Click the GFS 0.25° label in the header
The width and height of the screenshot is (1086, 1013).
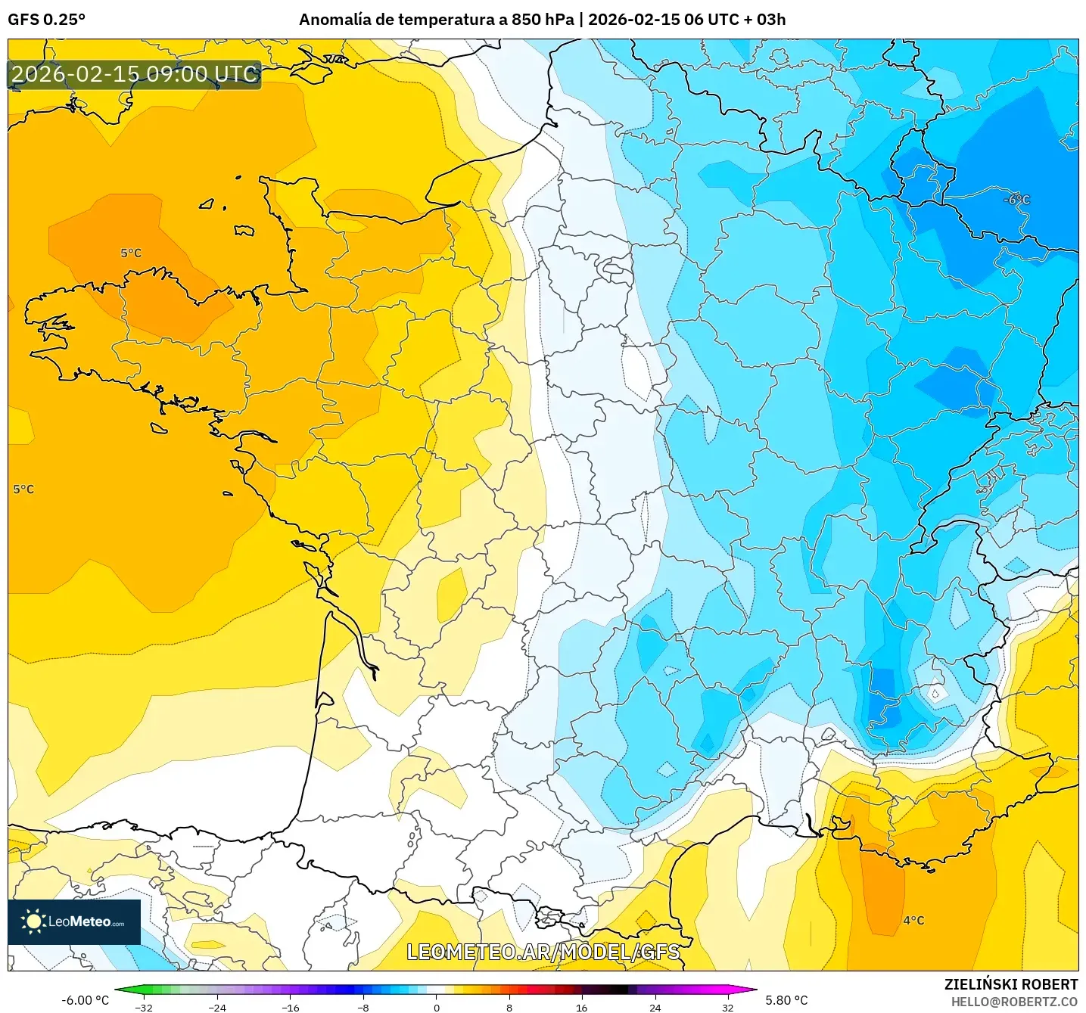[x=46, y=20]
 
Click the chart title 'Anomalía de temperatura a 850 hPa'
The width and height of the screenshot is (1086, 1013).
[x=436, y=20]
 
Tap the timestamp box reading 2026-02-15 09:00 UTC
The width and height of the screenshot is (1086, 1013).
[x=135, y=74]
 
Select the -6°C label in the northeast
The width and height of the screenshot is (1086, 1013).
[x=1016, y=200]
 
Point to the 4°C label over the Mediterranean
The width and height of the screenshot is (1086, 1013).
[x=913, y=921]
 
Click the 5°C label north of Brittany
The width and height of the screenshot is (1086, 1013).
[x=131, y=253]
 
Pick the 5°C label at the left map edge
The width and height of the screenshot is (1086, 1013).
[x=23, y=489]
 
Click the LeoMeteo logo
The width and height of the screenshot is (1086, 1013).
[x=74, y=921]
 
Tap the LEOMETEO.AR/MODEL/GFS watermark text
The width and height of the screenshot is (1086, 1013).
[x=543, y=952]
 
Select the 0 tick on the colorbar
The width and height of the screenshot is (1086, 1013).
[x=436, y=1007]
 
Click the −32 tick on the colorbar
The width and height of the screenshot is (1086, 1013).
[x=144, y=1007]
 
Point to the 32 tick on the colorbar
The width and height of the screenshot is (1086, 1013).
[x=727, y=1007]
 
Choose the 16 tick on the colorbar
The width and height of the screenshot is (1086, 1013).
[x=581, y=1007]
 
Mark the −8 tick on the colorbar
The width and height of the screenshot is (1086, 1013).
[x=363, y=1007]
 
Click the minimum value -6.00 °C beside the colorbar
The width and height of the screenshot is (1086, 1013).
[x=85, y=1000]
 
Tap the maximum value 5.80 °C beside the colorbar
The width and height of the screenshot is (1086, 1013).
[x=786, y=1000]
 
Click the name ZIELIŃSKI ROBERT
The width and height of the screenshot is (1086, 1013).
[x=1011, y=984]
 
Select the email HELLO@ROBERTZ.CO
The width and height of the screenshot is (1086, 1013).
[x=1014, y=1002]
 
